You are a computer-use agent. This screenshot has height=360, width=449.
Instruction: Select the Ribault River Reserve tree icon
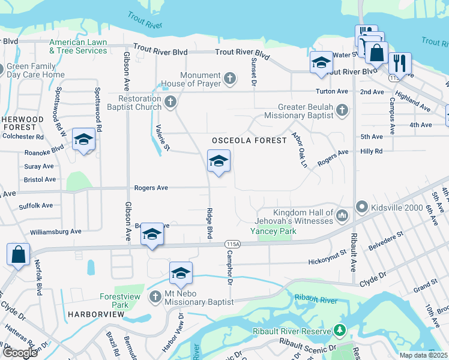pyautogui.click(x=340, y=331)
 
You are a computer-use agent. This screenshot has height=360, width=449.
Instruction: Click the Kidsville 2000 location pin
pyautogui.click(x=362, y=207)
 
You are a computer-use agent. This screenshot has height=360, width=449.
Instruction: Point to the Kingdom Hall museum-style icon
pyautogui.click(x=342, y=215)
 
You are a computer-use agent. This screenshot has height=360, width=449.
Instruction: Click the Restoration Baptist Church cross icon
pyautogui.click(x=170, y=102)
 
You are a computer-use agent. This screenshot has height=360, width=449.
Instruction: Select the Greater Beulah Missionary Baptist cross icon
pyautogui.click(x=342, y=110)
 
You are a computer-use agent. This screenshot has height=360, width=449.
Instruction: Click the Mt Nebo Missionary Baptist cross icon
pyautogui.click(x=156, y=296)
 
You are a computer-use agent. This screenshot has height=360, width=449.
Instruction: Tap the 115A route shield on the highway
pyautogui.click(x=234, y=244)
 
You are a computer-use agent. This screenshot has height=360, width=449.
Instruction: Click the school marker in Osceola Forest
pyautogui.click(x=218, y=161)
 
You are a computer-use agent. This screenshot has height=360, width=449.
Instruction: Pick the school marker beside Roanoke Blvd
pyautogui.click(x=83, y=140)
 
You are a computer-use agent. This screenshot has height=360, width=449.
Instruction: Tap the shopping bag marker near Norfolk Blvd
pyautogui.click(x=19, y=254)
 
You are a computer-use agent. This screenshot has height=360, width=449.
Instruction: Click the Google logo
pyautogui.click(x=19, y=353)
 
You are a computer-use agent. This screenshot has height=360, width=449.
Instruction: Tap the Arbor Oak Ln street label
pyautogui.click(x=300, y=150)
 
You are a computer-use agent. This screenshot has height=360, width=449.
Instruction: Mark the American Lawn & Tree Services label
pyautogui.click(x=78, y=46)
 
